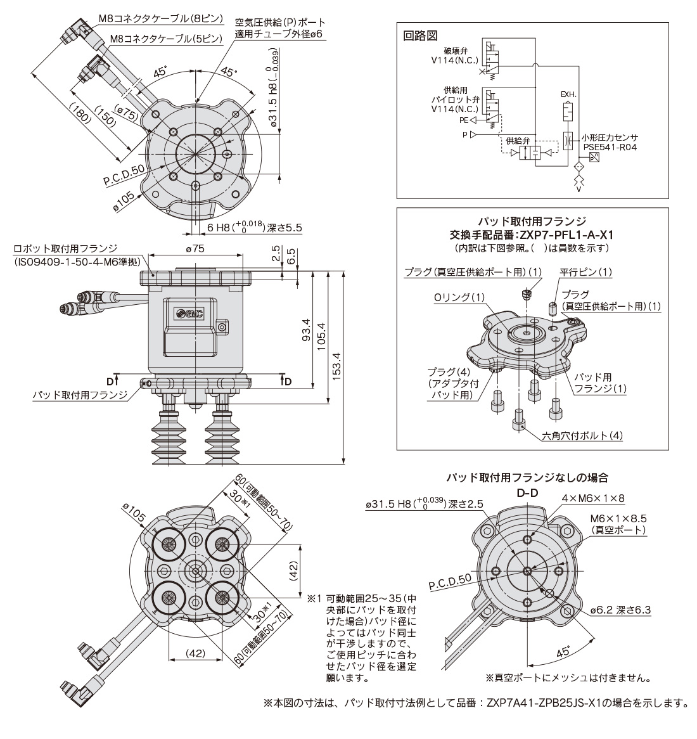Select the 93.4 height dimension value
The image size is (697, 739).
pyautogui.click(x=305, y=330)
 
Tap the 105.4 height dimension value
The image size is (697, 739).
pyautogui.click(x=322, y=336)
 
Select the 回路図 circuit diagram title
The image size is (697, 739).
pyautogui.click(x=420, y=35)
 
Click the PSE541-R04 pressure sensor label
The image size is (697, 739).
pyautogui.click(x=610, y=147)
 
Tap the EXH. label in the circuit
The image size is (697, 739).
pyautogui.click(x=568, y=94)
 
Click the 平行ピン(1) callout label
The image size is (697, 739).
pyautogui.click(x=585, y=271)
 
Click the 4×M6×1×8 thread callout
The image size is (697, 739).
pyautogui.click(x=592, y=498)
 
